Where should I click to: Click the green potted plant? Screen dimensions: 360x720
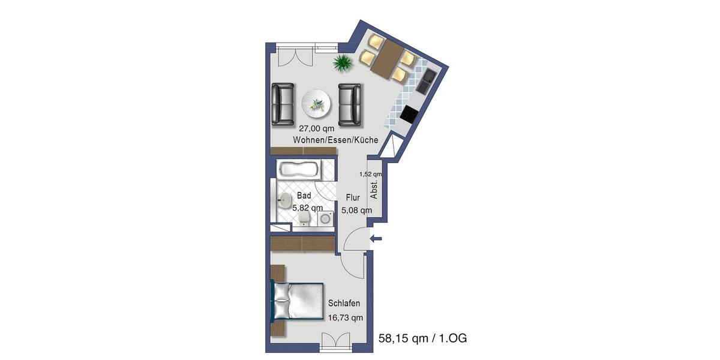[343, 62]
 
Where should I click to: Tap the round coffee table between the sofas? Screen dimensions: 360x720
[316, 104]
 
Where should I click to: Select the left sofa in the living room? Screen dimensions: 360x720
[283, 104]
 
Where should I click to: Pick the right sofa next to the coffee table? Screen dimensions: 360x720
[349, 104]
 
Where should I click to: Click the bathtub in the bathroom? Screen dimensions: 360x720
[298, 169]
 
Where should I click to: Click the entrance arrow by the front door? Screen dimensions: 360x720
[377, 239]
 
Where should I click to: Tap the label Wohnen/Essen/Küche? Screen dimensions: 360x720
[335, 140]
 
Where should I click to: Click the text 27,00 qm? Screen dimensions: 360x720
[317, 128]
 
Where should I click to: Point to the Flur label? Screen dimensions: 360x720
[352, 197]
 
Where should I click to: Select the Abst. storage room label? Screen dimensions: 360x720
[374, 190]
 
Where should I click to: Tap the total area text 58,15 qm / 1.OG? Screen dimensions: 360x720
[422, 338]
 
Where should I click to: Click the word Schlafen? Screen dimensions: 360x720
[344, 304]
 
